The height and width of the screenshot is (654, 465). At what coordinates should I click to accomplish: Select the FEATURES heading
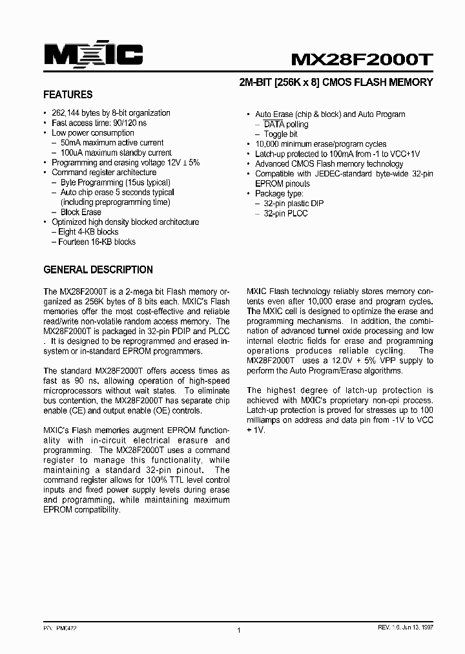tap(68, 94)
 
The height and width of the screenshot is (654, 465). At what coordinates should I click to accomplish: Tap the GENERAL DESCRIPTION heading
tap(98, 269)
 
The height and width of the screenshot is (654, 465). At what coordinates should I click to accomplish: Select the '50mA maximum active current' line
tap(112, 143)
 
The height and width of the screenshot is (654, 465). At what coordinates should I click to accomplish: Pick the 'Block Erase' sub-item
tap(81, 212)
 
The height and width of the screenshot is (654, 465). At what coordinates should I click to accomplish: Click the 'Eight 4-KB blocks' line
tap(88, 232)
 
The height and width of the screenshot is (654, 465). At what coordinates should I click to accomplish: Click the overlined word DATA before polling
tap(274, 124)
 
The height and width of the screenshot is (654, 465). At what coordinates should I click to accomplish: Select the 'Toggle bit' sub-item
tap(280, 134)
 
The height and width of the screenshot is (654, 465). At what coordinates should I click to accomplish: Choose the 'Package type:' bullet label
tap(280, 193)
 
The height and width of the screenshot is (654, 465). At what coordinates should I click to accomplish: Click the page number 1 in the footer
tap(238, 631)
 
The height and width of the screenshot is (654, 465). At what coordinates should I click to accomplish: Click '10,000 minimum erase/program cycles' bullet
tap(320, 144)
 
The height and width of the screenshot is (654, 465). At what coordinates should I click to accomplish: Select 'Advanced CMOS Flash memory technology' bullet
tap(329, 164)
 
